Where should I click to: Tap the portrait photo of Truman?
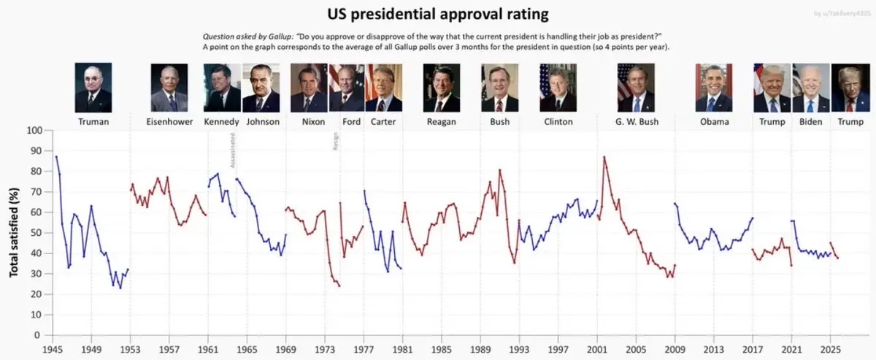pos(93,88)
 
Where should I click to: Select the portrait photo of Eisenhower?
pos(169,88)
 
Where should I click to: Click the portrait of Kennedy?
pos(223,88)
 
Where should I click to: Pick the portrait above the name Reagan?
pos(442,88)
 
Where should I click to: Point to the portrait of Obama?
pos(714,88)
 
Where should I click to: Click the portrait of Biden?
pos(811,88)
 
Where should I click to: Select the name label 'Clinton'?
pos(558,122)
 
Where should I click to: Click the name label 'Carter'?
pos(383,122)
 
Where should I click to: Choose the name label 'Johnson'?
pos(263,122)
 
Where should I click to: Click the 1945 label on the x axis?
pos(52,349)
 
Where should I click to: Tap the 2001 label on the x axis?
pos(597,349)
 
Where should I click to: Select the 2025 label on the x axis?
pos(831,349)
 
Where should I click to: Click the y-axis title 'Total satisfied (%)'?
pos(14,232)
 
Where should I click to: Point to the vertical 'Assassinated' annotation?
pos(233,150)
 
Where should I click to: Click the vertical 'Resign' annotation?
pos(336,142)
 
